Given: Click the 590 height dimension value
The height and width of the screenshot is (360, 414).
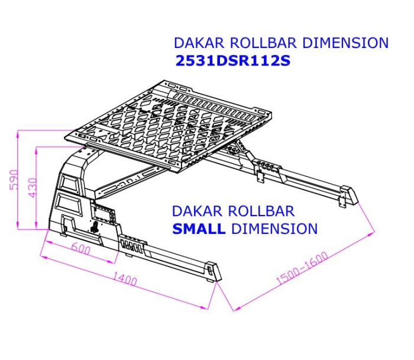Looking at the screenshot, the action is tap(14, 180).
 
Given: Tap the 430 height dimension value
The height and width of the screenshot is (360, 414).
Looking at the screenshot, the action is tap(33, 188).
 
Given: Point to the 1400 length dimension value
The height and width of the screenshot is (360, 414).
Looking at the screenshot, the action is tap(125, 278).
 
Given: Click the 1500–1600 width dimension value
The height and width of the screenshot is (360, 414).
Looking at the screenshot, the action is tap(302, 268).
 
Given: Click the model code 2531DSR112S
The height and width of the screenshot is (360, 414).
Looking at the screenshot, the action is tap(233, 61).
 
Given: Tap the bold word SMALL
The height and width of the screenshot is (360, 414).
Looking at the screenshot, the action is tap(199, 229).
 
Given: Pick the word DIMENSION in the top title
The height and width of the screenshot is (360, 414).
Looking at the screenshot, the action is tap(345, 43).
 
